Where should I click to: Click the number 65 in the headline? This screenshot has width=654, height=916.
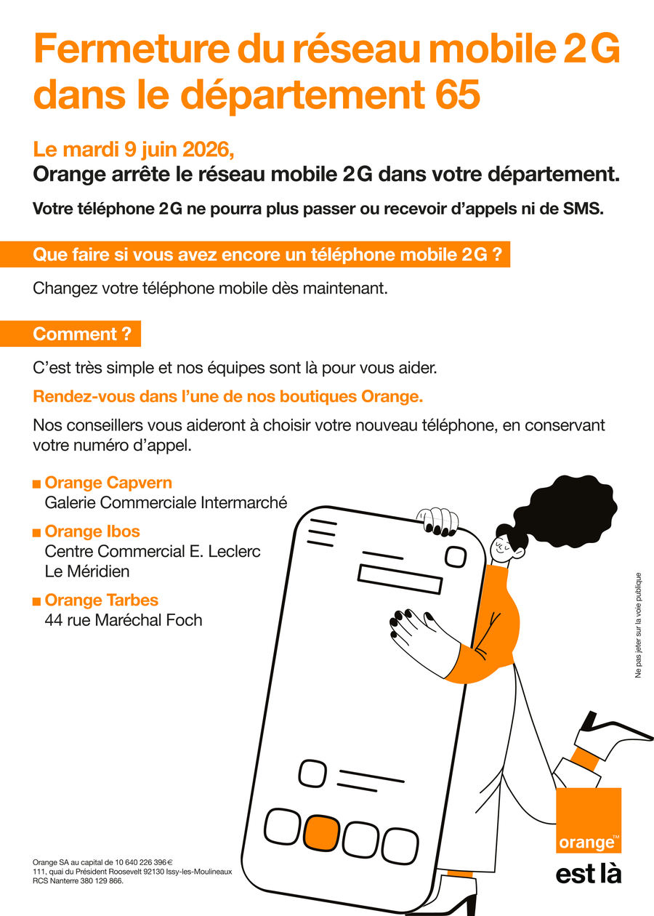pos(457,95)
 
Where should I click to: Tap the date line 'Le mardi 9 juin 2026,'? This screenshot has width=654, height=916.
pos(134,149)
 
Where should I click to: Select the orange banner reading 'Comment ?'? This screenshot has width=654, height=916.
pos(70,334)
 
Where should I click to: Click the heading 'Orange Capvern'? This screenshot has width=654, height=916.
pos(108,483)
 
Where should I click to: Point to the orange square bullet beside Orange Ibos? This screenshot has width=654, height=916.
pos(36,533)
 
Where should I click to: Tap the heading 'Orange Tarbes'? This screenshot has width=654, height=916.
pos(102,600)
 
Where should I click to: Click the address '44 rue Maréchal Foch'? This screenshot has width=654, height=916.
pos(124,620)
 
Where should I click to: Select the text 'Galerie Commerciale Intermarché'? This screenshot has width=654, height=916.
pos(166,502)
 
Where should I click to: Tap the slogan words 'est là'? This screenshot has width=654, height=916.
pos(589,875)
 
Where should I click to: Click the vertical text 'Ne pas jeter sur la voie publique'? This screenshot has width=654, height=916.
pos(638,625)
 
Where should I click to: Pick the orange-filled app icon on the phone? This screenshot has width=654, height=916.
pos(322,833)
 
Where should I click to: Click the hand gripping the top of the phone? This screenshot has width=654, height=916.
pos(438,522)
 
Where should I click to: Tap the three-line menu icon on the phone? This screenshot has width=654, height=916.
pos(322,533)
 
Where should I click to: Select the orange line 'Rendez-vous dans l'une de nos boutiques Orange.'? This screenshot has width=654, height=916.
pos(228,397)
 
